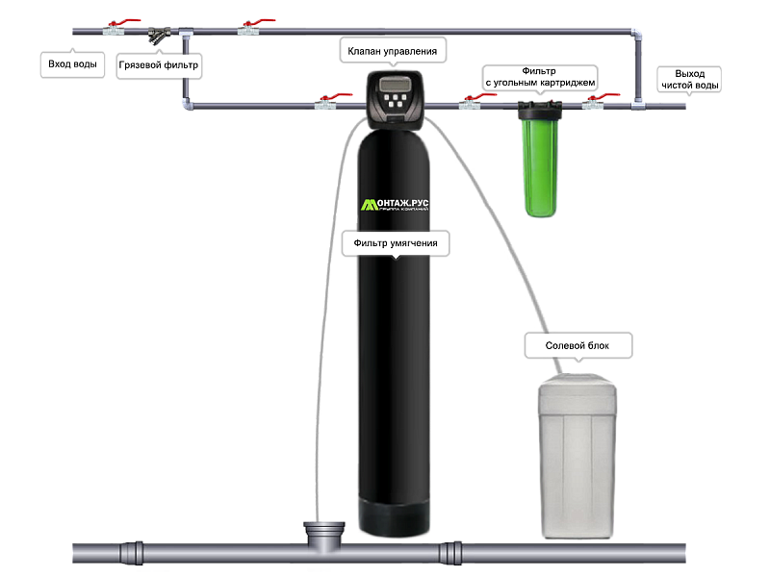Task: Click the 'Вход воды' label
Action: pyautogui.click(x=72, y=65)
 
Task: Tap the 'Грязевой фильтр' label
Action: pyautogui.click(x=159, y=67)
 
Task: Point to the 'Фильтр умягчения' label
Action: pyautogui.click(x=396, y=244)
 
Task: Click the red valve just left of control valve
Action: pyautogui.click(x=331, y=101)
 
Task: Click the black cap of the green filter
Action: pyautogui.click(x=535, y=108)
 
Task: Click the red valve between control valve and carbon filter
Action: pyautogui.click(x=470, y=100)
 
